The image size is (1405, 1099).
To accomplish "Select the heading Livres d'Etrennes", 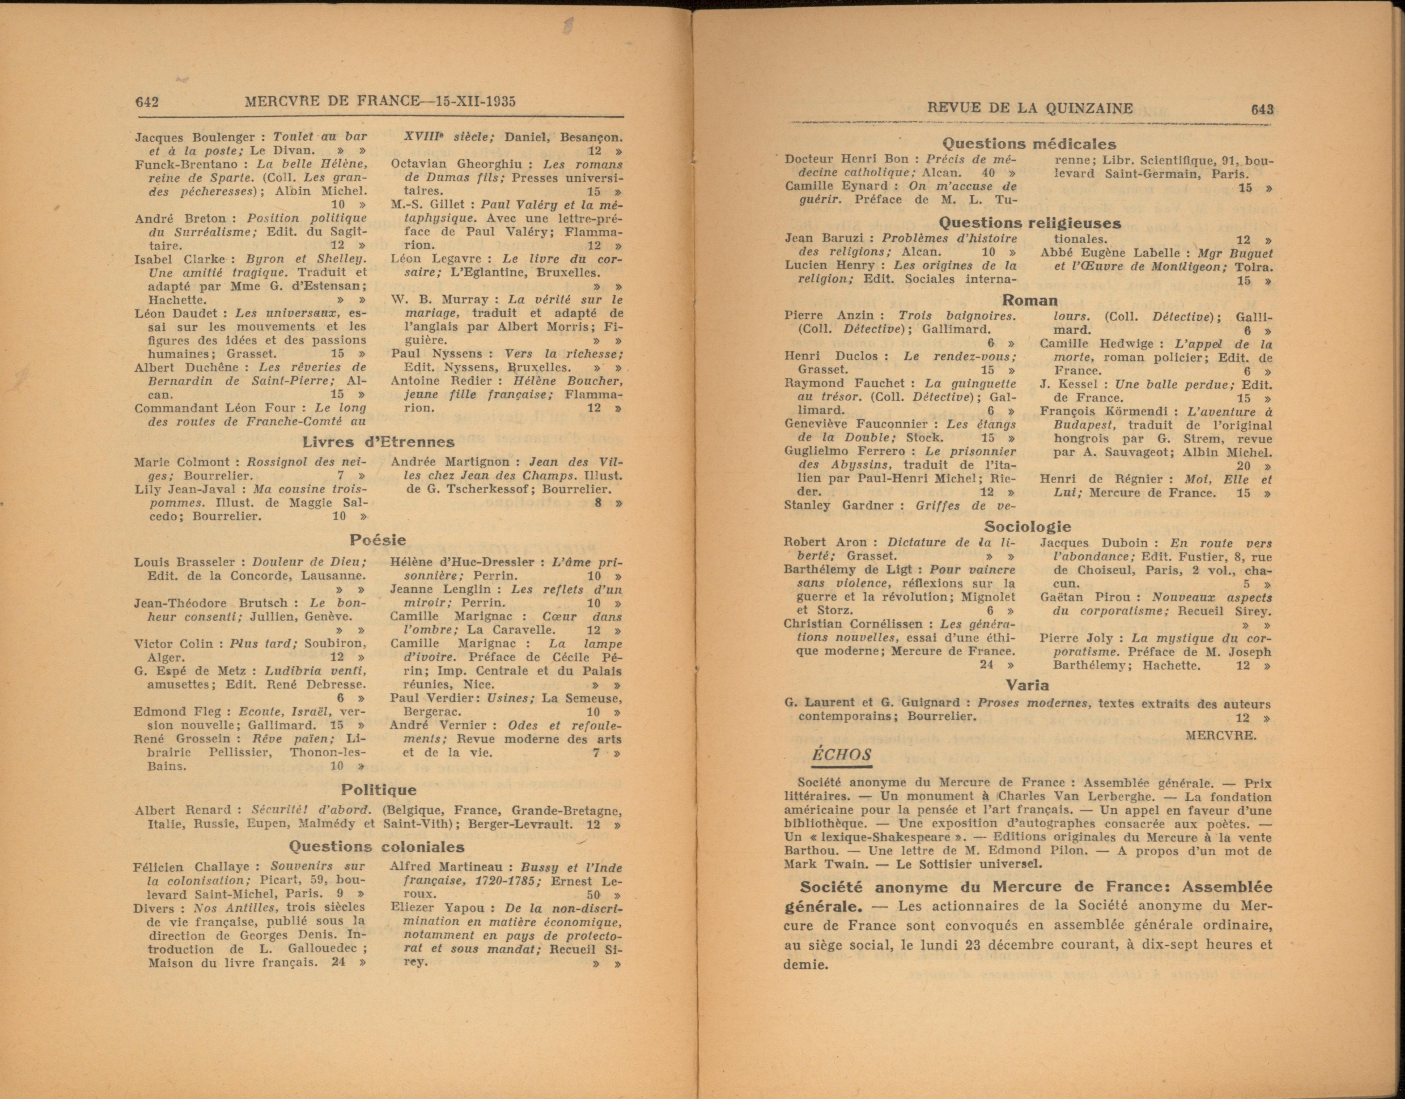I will (378, 442).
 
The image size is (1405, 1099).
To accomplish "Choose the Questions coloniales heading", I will (376, 847).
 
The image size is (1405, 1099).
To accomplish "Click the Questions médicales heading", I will (1029, 144).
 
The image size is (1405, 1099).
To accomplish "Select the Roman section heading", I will (1029, 300).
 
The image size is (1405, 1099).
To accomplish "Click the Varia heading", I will (1027, 685).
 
